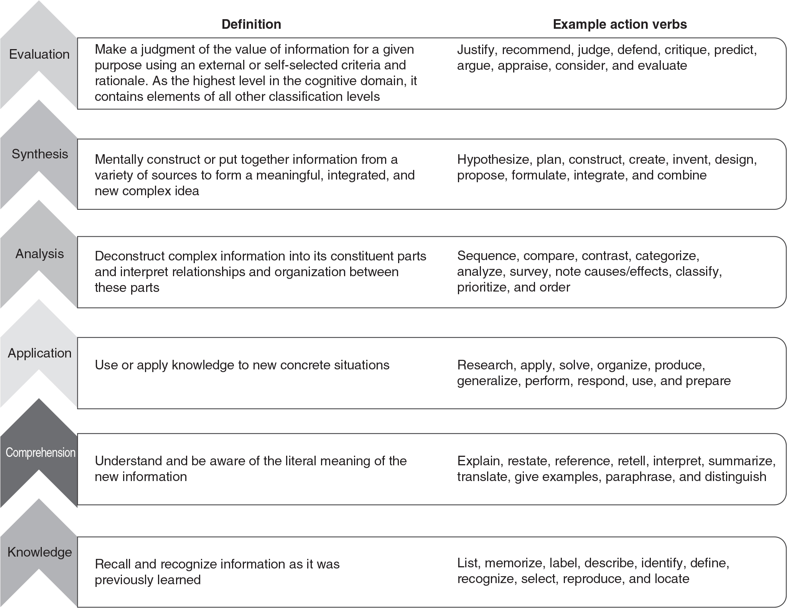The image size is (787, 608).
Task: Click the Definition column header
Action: point(251,25)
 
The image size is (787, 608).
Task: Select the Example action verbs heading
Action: point(620,25)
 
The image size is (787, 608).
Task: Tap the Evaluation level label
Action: point(39,54)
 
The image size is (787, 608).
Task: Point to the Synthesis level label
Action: point(40,154)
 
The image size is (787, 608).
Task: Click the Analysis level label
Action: point(40,254)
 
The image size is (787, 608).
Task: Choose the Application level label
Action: point(40,353)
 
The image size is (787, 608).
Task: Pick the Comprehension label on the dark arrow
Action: point(40,453)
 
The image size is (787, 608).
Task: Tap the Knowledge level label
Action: point(40,552)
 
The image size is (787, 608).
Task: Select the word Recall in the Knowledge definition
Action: point(109,564)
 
